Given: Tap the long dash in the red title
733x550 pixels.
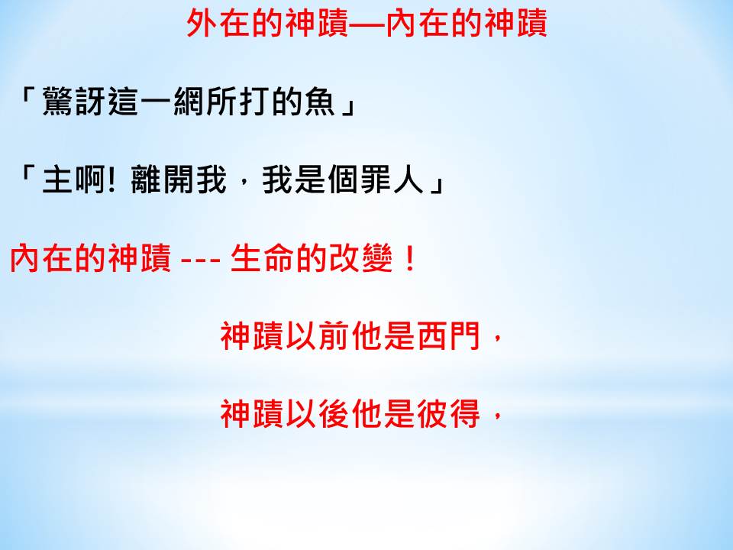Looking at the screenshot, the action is click(367, 24).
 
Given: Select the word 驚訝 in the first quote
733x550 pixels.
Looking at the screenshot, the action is click(74, 101).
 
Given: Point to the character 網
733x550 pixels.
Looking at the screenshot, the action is click(188, 101).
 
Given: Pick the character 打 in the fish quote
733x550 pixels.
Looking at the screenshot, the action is click(253, 101).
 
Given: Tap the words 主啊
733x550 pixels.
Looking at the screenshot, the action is click(74, 180).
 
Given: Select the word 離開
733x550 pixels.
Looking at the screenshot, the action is click(162, 180).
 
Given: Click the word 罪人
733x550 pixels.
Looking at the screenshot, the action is click(392, 180).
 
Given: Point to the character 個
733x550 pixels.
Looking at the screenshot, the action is click(343, 180).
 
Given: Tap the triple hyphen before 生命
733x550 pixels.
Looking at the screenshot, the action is click(200, 260).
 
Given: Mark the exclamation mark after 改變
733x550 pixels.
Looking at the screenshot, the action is click(409, 259).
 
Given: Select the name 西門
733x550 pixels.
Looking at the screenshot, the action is click(449, 336).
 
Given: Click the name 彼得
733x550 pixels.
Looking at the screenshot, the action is click(449, 414).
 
